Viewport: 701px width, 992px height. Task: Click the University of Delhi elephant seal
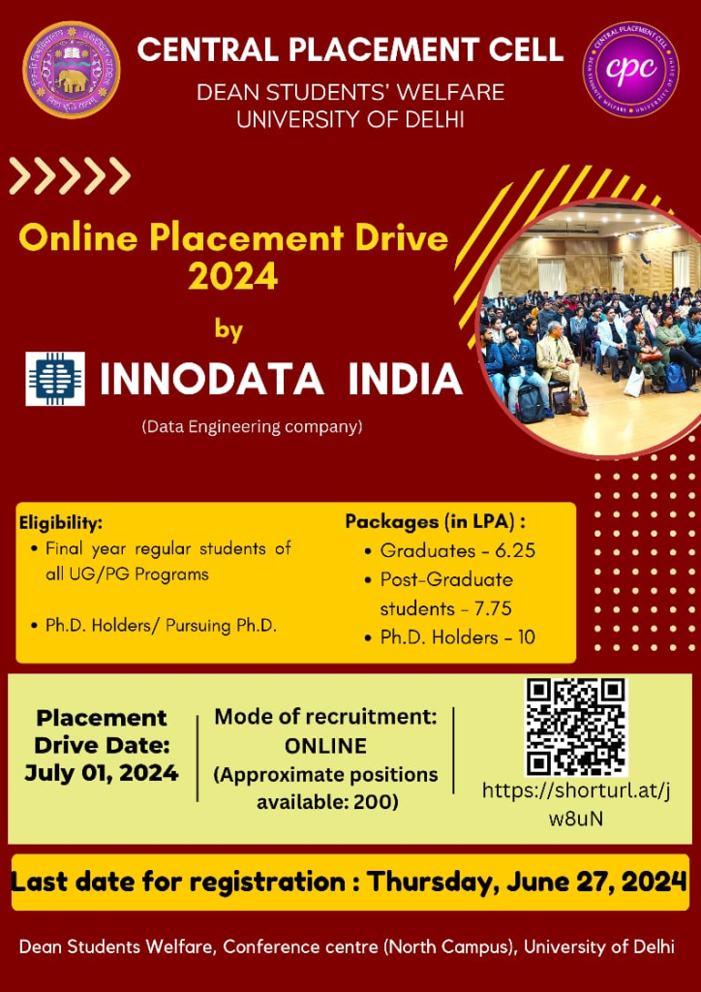coord(72,70)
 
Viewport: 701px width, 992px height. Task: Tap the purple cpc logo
coord(631,70)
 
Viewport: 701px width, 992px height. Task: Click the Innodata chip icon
coord(55,379)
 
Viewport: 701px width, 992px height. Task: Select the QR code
coord(576,728)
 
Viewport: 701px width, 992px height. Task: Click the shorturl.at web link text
coord(576,804)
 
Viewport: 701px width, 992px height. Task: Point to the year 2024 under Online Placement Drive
coord(233,275)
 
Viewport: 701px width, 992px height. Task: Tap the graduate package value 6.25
coord(515,551)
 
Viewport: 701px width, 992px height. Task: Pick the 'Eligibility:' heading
coord(61,524)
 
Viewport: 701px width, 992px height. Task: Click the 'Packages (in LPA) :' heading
coord(436,522)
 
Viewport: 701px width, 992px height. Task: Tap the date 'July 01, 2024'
coord(101,772)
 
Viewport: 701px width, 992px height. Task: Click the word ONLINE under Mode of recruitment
coord(325,746)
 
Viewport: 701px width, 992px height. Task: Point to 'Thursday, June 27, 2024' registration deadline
coord(527,882)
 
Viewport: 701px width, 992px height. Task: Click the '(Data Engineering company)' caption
coord(252,427)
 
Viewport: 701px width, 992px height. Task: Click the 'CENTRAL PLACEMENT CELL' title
coord(350,49)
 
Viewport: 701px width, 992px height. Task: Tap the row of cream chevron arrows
coord(70,175)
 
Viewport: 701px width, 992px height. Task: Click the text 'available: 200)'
coord(327,802)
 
